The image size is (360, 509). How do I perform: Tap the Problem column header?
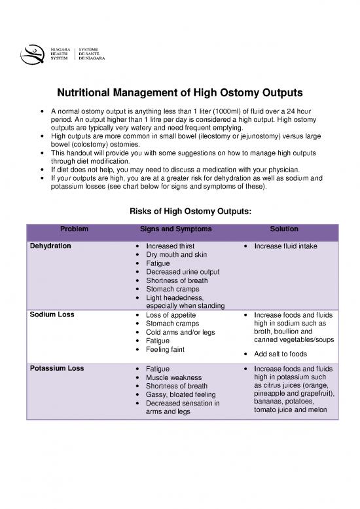coord(75,229)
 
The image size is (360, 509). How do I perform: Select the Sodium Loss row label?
coord(52,314)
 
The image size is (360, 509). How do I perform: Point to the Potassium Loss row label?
coord(56,369)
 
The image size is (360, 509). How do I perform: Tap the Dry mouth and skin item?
coord(174,255)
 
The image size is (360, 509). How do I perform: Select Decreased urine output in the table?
coord(182,272)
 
